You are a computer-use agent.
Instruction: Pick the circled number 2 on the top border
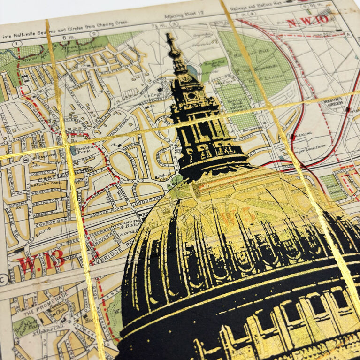tap(94, 34)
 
